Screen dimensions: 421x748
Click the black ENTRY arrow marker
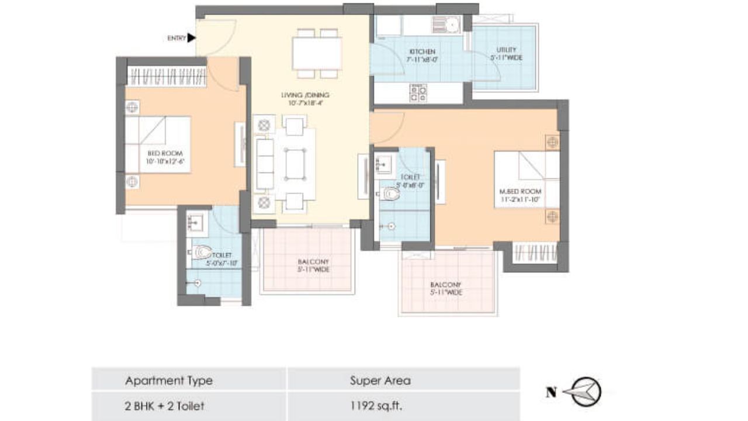point(191,38)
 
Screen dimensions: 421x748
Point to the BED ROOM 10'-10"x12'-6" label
point(164,157)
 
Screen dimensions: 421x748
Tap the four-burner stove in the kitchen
point(418,93)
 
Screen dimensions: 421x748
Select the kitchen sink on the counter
point(446,25)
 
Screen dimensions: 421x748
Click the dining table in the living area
point(317,53)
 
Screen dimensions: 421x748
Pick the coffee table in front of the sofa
point(295,163)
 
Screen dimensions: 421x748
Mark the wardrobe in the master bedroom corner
point(534,253)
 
